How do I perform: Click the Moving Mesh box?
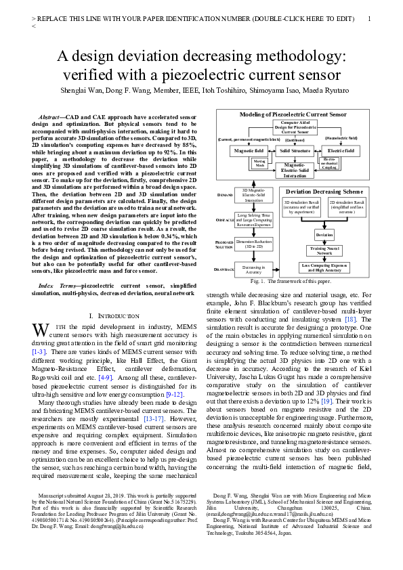click(240, 163)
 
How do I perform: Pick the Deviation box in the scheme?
click(324, 235)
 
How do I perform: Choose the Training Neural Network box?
click(324, 250)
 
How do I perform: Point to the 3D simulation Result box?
click(301, 206)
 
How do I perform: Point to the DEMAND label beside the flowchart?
click(224, 194)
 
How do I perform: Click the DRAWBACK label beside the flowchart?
click(224, 269)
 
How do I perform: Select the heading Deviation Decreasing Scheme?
click(324, 192)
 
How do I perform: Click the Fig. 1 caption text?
click(291, 281)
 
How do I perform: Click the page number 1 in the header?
click(368, 19)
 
